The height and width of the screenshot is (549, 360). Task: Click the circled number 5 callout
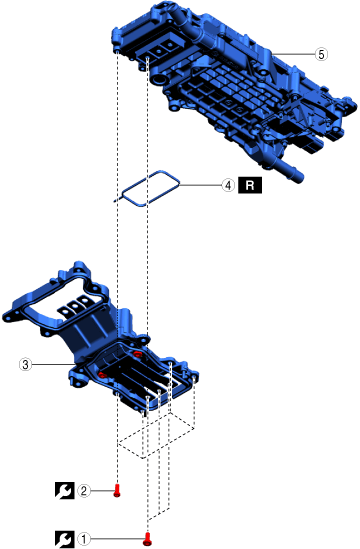pos(321,54)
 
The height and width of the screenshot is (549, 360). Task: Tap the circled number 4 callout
pos(228,185)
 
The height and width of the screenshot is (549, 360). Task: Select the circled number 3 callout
pos(25,364)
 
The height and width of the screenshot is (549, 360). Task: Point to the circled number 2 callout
pos(84,491)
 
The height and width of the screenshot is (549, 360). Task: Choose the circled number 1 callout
pos(84,539)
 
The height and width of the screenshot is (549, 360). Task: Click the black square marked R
pos(250,185)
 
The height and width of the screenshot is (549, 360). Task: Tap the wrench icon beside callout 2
pos(64,491)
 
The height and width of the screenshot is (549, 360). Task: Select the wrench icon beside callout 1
pos(64,539)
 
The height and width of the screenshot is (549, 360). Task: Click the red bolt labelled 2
pos(117,491)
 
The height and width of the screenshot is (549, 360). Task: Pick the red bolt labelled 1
pos(148,539)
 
